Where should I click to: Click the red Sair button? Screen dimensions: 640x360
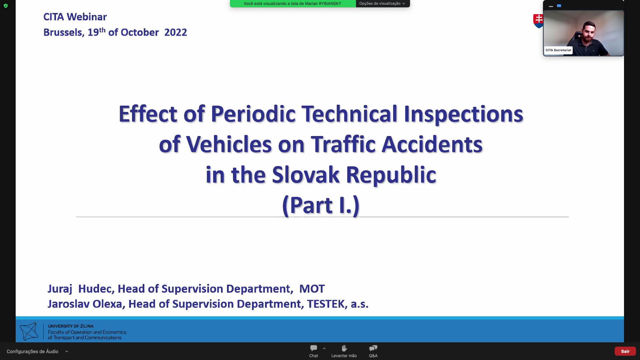(625, 351)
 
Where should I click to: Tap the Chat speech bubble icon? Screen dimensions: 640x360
(314, 348)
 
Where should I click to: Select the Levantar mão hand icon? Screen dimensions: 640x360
(344, 348)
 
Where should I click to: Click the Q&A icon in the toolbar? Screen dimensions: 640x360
(373, 348)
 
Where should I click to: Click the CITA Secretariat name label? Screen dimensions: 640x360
(558, 50)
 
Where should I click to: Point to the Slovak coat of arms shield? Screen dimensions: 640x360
(538, 21)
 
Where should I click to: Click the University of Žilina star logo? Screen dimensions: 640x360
(29, 331)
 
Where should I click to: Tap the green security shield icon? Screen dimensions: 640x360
(6, 6)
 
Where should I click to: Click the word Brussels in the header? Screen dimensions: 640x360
(63, 32)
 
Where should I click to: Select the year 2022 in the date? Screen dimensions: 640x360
(176, 32)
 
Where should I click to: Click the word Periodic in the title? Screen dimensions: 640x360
(253, 114)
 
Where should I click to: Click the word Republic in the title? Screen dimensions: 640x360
(391, 175)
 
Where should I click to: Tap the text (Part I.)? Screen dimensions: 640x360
(321, 205)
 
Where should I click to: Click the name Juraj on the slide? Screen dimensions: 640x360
(60, 289)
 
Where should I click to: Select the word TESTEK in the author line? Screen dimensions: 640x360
(326, 304)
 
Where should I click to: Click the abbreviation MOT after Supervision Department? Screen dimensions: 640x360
(312, 289)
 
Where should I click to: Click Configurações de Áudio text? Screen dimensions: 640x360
(32, 351)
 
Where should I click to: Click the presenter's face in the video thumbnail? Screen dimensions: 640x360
(589, 31)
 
